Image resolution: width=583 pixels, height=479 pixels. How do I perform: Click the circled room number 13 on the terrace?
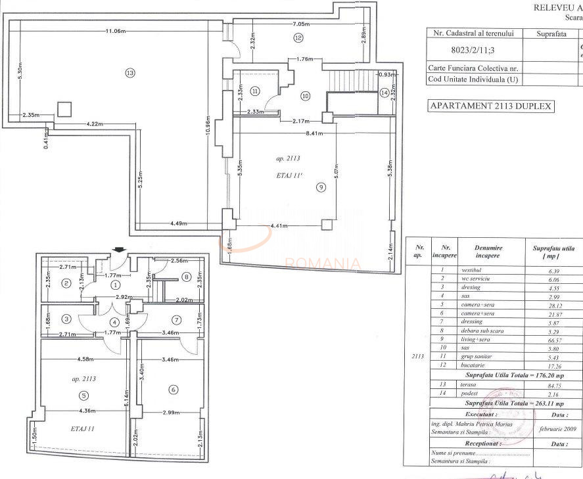129,72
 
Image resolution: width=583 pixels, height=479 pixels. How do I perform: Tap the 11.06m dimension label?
116,31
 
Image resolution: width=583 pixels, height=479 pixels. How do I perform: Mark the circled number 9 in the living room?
321,187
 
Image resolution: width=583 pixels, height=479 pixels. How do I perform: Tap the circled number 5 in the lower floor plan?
83,395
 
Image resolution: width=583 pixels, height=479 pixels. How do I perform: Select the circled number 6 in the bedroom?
173,390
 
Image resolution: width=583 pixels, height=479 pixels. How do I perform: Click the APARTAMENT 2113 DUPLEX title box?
490,106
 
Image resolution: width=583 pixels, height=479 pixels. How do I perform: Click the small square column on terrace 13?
64,109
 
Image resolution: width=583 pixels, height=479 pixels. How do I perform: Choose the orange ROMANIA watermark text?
322,264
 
